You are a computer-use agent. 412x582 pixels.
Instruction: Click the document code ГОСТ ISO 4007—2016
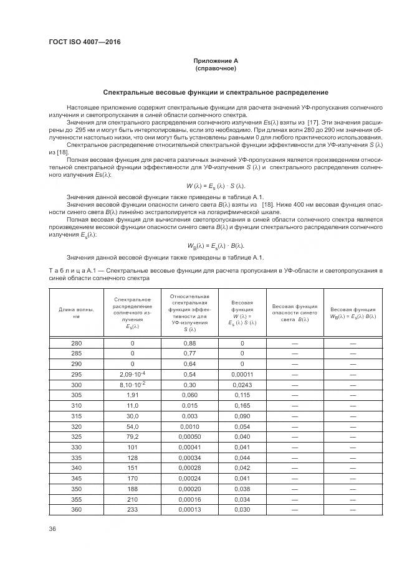(84, 42)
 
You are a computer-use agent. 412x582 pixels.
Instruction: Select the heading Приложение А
(216, 61)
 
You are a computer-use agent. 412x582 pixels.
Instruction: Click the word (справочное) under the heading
(216, 68)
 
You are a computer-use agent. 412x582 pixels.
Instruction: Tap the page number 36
(52, 528)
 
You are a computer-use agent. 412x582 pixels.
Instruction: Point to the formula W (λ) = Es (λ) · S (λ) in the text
(216, 186)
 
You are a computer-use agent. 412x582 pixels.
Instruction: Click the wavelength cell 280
(76, 344)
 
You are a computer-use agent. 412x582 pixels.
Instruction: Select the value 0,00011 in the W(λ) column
(242, 374)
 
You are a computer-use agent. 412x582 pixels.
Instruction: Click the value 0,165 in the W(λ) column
(242, 405)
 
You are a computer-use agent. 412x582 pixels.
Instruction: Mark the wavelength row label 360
(76, 510)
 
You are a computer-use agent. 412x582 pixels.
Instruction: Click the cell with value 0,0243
(242, 384)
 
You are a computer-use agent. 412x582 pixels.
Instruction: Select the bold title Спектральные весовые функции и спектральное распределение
(216, 92)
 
